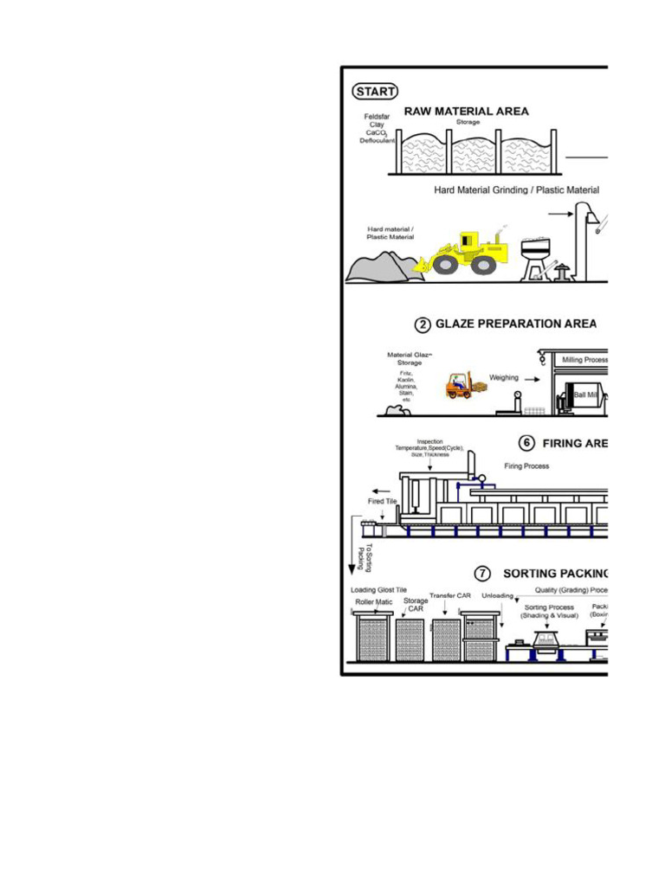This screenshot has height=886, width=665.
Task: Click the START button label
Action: (375, 91)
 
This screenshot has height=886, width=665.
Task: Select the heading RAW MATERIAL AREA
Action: (466, 111)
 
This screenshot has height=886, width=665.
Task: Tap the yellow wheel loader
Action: (462, 253)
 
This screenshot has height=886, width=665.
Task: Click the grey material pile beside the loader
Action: (380, 267)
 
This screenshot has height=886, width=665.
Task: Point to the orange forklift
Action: (460, 385)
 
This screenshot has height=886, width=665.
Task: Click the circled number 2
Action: (422, 324)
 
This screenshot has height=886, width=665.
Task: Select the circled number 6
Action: (526, 443)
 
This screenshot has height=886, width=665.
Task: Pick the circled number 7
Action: (484, 573)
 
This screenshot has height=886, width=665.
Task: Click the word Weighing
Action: (505, 377)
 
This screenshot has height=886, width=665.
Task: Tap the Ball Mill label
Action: (586, 395)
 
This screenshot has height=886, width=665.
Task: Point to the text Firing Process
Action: (526, 465)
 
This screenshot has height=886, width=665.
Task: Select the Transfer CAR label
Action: (449, 595)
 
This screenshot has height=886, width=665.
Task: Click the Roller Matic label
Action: (373, 601)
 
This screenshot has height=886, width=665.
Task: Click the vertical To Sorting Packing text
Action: (366, 557)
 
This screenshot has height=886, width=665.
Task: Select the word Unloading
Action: (498, 595)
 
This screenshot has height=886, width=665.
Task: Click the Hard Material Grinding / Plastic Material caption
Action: (516, 189)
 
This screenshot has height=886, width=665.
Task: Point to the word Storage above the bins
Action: (468, 122)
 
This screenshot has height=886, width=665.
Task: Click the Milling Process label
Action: (584, 358)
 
